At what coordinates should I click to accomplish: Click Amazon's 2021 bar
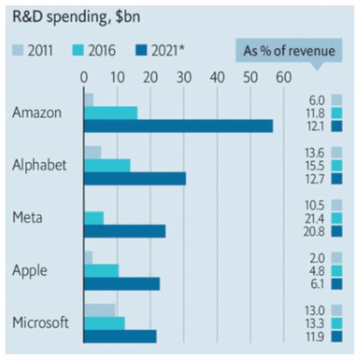[x=178, y=126]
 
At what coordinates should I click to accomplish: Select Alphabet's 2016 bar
[x=107, y=165]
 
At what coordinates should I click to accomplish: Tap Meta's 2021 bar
[x=125, y=231]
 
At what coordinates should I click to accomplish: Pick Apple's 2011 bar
[x=88, y=258]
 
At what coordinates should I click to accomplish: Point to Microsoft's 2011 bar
[x=100, y=310]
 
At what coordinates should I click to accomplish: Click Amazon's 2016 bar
[x=110, y=113]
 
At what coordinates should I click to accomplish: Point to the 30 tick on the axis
[x=184, y=77]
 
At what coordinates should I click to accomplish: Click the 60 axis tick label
[x=283, y=77]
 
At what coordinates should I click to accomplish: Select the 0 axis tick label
[x=84, y=77]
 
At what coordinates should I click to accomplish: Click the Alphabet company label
[x=39, y=165]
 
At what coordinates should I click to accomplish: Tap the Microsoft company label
[x=41, y=323]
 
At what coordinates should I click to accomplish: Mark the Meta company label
[x=27, y=218]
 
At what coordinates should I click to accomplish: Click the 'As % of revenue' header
[x=289, y=51]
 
